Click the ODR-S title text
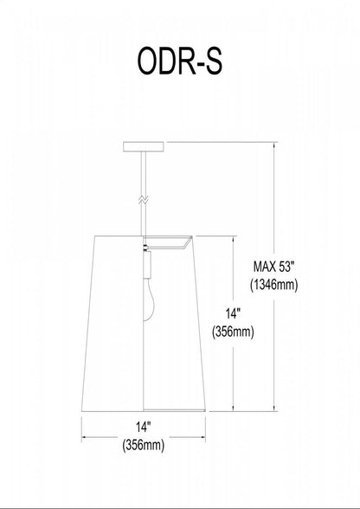pyautogui.click(x=180, y=64)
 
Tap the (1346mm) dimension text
pyautogui.click(x=275, y=285)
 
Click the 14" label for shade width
pyautogui.click(x=143, y=428)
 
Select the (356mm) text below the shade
pyautogui.click(x=143, y=447)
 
